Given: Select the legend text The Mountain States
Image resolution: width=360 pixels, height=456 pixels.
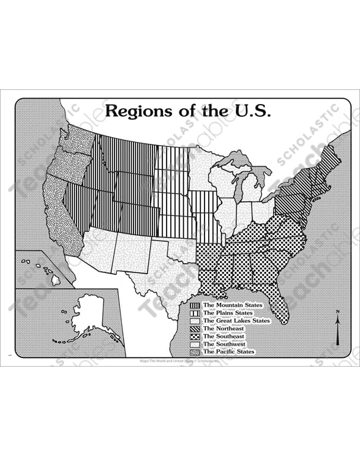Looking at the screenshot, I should point(233,305).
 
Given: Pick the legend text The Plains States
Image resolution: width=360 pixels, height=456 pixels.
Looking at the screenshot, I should point(227,313).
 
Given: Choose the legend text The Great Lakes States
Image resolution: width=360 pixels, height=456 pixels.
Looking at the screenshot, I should point(236,321).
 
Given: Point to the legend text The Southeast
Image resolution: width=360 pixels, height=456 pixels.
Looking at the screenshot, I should point(223,336).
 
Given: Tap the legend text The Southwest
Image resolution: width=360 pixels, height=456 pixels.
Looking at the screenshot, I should point(224,344).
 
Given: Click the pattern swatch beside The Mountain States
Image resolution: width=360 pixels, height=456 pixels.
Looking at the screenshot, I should point(195,305).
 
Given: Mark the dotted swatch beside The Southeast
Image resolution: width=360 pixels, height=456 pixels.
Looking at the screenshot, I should point(195,336).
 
